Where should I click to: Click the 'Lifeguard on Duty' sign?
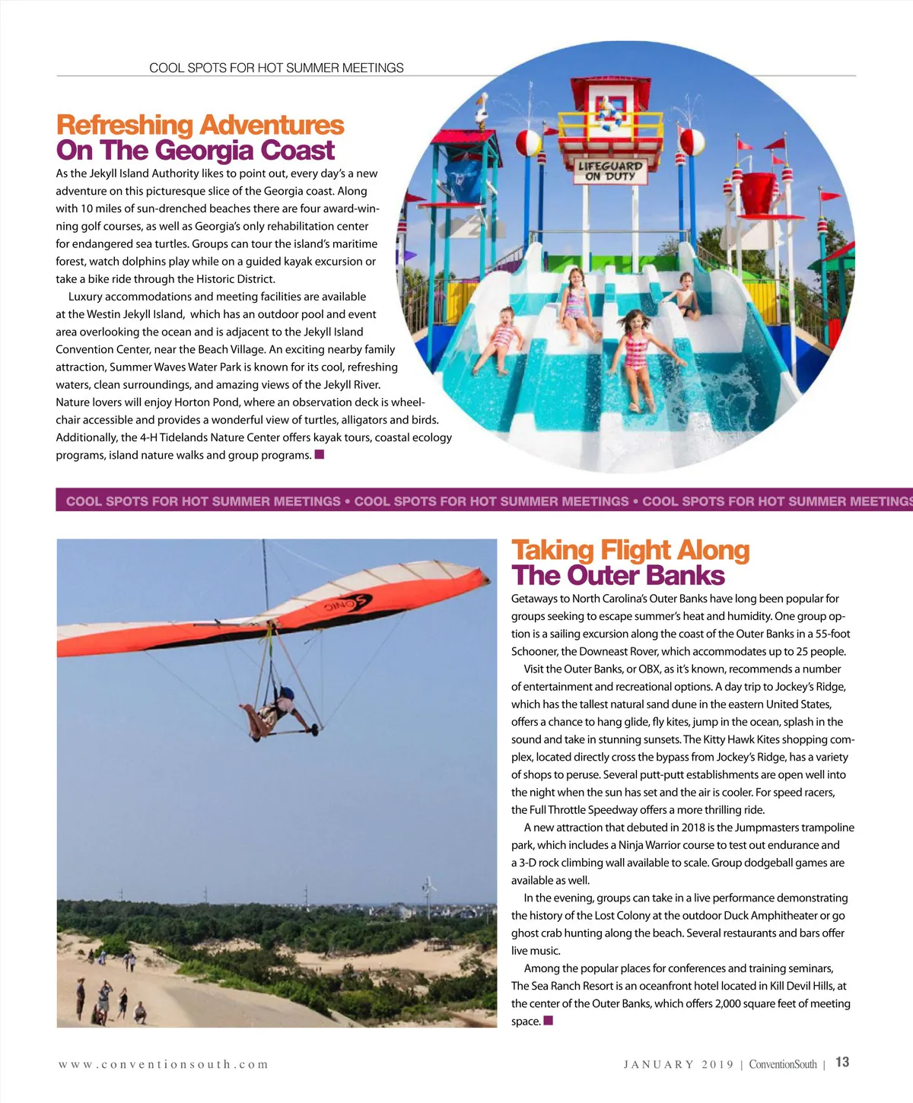click(610, 171)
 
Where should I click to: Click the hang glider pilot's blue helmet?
click(286, 694)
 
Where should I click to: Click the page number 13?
click(842, 1063)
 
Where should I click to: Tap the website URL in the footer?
click(164, 1064)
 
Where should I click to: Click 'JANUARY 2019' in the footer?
click(679, 1064)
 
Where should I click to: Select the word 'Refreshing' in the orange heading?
click(125, 125)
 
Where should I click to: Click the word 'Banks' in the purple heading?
click(687, 576)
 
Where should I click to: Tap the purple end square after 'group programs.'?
click(320, 455)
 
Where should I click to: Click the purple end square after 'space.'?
click(548, 1021)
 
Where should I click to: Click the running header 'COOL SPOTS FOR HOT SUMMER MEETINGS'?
click(276, 68)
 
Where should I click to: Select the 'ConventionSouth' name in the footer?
click(782, 1064)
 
